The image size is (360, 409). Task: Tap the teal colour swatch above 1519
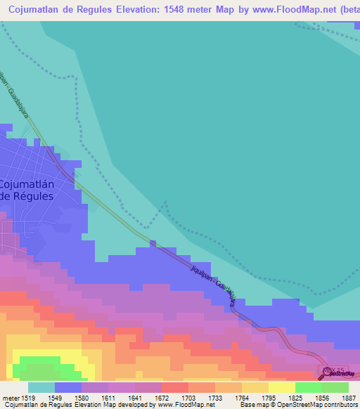pos(41,387)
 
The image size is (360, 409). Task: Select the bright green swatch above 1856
pos(309,387)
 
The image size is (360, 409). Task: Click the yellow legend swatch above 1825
pos(282,387)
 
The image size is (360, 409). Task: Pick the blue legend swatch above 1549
pos(67,387)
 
